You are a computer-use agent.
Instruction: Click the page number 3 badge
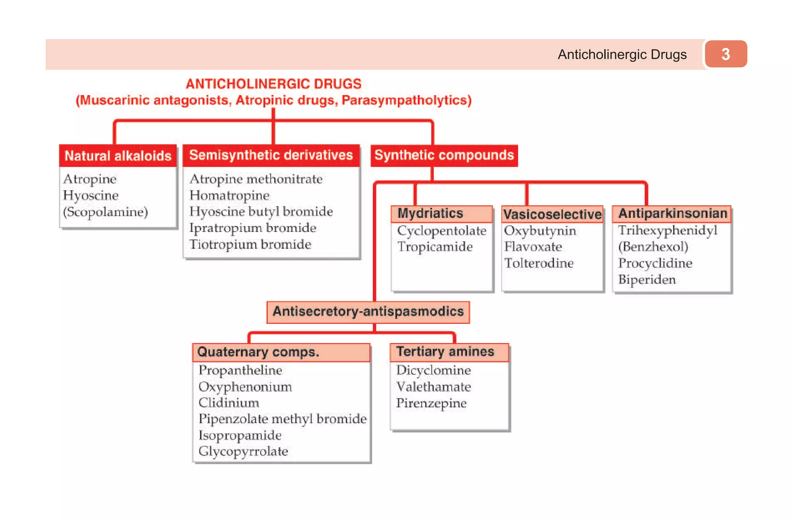click(725, 54)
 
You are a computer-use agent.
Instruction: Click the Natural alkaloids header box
click(118, 156)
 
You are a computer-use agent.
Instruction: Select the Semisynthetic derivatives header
click(271, 155)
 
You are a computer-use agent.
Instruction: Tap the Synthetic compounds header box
click(444, 155)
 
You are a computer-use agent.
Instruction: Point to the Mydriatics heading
click(430, 213)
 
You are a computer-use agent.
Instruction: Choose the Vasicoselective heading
click(552, 214)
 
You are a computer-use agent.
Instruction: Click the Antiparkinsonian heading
click(672, 213)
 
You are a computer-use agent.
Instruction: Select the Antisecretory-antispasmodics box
click(368, 312)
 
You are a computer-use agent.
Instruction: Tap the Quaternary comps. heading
click(258, 352)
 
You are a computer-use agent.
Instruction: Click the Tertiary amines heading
click(445, 352)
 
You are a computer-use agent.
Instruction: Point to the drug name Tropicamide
click(435, 247)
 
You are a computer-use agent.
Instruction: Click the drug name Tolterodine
click(539, 263)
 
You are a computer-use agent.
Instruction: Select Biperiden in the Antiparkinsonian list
click(647, 279)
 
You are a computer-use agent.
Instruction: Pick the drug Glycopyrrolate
click(243, 451)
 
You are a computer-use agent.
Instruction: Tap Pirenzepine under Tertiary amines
click(431, 403)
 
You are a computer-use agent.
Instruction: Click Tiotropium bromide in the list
click(250, 244)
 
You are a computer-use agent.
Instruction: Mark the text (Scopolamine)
click(105, 212)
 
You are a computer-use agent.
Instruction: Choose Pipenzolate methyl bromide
click(282, 419)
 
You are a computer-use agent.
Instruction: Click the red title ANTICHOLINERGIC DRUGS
click(273, 84)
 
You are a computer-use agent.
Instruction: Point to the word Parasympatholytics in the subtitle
click(406, 100)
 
